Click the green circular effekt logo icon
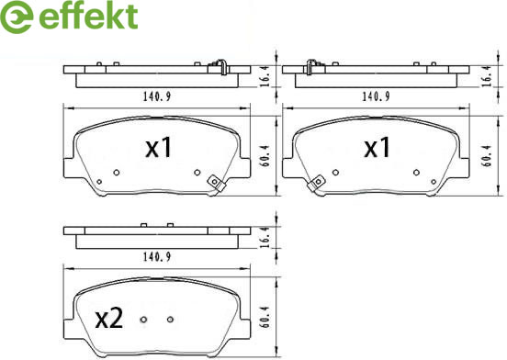(17, 17)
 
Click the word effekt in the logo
(88, 17)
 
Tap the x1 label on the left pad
(158, 147)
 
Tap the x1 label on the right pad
(377, 147)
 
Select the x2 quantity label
(109, 318)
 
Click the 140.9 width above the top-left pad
(157, 96)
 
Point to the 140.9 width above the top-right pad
(376, 96)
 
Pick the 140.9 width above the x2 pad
(157, 257)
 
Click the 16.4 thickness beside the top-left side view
(265, 76)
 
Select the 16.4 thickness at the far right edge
(487, 76)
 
